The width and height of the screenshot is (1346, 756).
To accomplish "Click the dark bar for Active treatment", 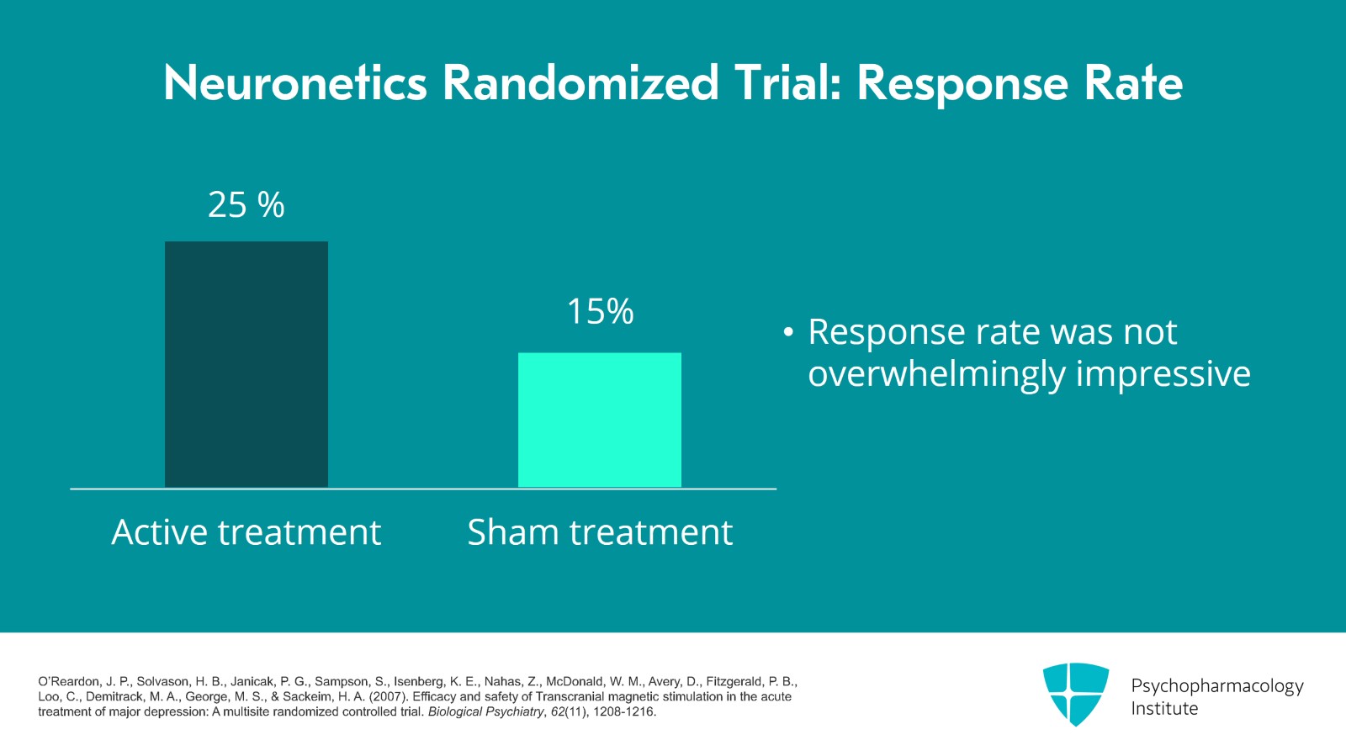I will [x=246, y=364].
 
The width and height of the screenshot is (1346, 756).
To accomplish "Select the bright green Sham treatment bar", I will [x=600, y=420].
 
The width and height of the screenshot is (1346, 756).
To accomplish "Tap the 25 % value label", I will [x=246, y=205].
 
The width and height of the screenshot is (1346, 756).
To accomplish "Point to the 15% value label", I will [x=600, y=312].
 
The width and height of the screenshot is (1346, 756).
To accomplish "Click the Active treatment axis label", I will [x=246, y=532].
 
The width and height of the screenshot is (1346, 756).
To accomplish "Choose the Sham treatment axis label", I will [x=600, y=532].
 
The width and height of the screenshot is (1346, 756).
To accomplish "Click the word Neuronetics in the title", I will [x=295, y=83].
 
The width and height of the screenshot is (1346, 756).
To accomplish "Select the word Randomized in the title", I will [x=580, y=83].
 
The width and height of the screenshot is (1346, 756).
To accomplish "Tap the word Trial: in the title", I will [x=787, y=83].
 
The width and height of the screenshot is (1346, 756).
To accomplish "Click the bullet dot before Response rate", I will [x=788, y=333].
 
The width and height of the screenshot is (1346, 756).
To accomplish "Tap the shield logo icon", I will [x=1076, y=694].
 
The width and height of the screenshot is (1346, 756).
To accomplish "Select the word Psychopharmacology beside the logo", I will [x=1216, y=685].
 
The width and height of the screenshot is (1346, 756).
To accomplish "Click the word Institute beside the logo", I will [x=1164, y=709].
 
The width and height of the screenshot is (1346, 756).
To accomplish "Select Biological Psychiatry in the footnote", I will [x=485, y=712].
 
